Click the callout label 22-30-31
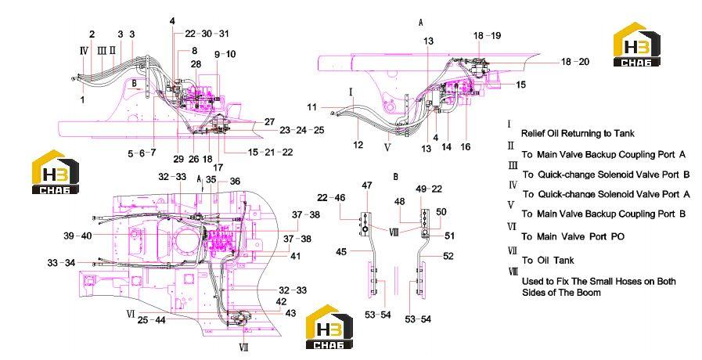click(207, 34)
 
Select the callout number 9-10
click(225, 54)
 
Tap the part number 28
click(196, 64)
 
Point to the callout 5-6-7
click(142, 153)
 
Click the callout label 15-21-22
click(271, 153)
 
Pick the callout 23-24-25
click(302, 130)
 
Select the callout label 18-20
click(575, 62)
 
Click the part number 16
click(466, 146)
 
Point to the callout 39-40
click(77, 236)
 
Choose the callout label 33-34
click(61, 263)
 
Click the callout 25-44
click(151, 320)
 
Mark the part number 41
click(296, 256)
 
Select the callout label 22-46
click(331, 197)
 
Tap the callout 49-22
click(429, 189)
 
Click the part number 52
click(448, 256)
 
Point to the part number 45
click(341, 252)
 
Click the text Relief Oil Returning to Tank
click(578, 133)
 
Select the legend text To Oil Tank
click(548, 260)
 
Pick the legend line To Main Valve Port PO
click(573, 236)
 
